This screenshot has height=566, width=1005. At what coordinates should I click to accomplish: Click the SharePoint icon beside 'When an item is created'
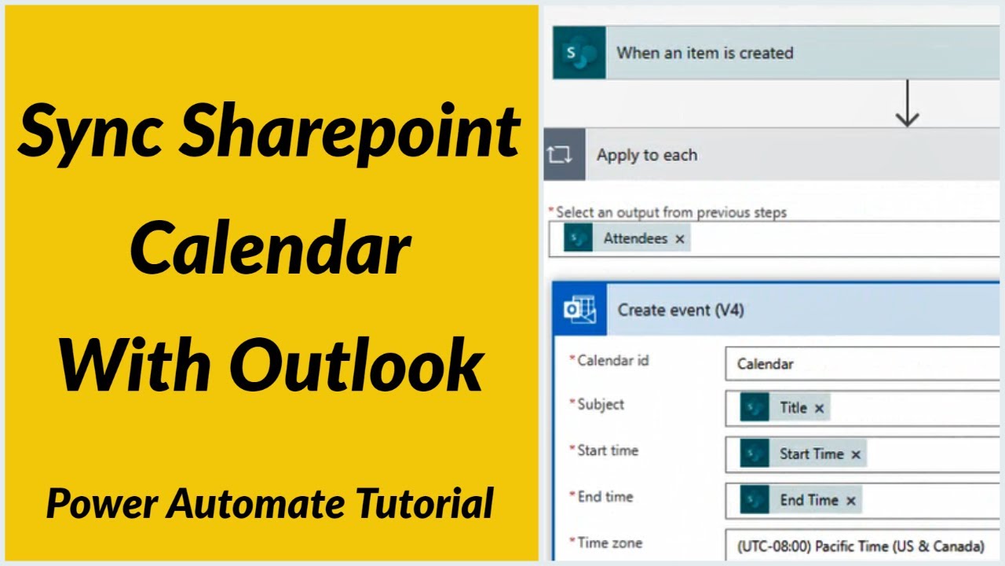tap(579, 53)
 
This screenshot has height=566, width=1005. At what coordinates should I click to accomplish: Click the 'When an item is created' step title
tap(704, 53)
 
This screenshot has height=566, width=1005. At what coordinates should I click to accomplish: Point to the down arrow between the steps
tap(907, 104)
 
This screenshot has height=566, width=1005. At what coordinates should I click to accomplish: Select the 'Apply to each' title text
tap(646, 155)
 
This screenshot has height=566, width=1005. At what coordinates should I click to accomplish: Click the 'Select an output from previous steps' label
tap(671, 211)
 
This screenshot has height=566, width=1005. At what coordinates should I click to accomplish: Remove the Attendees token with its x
tap(680, 239)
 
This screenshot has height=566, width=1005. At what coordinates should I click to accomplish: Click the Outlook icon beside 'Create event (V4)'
tap(579, 310)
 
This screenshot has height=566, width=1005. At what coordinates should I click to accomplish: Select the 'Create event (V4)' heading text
tap(680, 310)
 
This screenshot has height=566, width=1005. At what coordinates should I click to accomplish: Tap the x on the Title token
tap(819, 408)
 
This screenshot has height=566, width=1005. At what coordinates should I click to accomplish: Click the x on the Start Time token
tap(856, 454)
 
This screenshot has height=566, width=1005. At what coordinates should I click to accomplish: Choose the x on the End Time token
tap(851, 501)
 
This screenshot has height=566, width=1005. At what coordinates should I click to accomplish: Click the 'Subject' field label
tap(601, 404)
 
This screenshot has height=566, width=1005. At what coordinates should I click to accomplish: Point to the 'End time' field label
tap(605, 497)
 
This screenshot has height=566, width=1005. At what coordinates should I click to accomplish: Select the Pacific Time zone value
tap(861, 546)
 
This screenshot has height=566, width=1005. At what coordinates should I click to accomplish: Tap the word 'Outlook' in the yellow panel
tap(356, 366)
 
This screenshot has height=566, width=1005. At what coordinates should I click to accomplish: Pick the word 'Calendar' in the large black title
tap(270, 248)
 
